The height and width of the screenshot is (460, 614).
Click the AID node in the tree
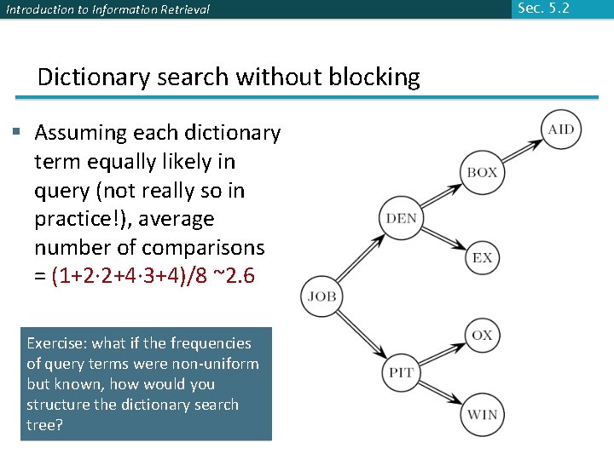[560, 129]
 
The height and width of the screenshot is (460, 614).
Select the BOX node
[482, 172]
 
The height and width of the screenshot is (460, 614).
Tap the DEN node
[401, 218]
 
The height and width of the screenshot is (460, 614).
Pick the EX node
[482, 257]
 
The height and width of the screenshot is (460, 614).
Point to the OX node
[482, 335]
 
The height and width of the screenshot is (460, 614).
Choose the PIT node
[401, 373]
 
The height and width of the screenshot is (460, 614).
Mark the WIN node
[482, 415]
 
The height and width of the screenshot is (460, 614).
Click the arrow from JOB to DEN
[362, 258]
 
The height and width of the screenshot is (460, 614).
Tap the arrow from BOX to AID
[521, 151]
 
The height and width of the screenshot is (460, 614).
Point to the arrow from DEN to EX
[442, 239]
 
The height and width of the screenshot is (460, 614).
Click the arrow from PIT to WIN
[442, 394]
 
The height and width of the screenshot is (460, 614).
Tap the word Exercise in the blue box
[55, 343]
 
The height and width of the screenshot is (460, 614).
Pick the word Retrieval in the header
[179, 10]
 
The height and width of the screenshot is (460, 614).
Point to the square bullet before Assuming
[16, 131]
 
